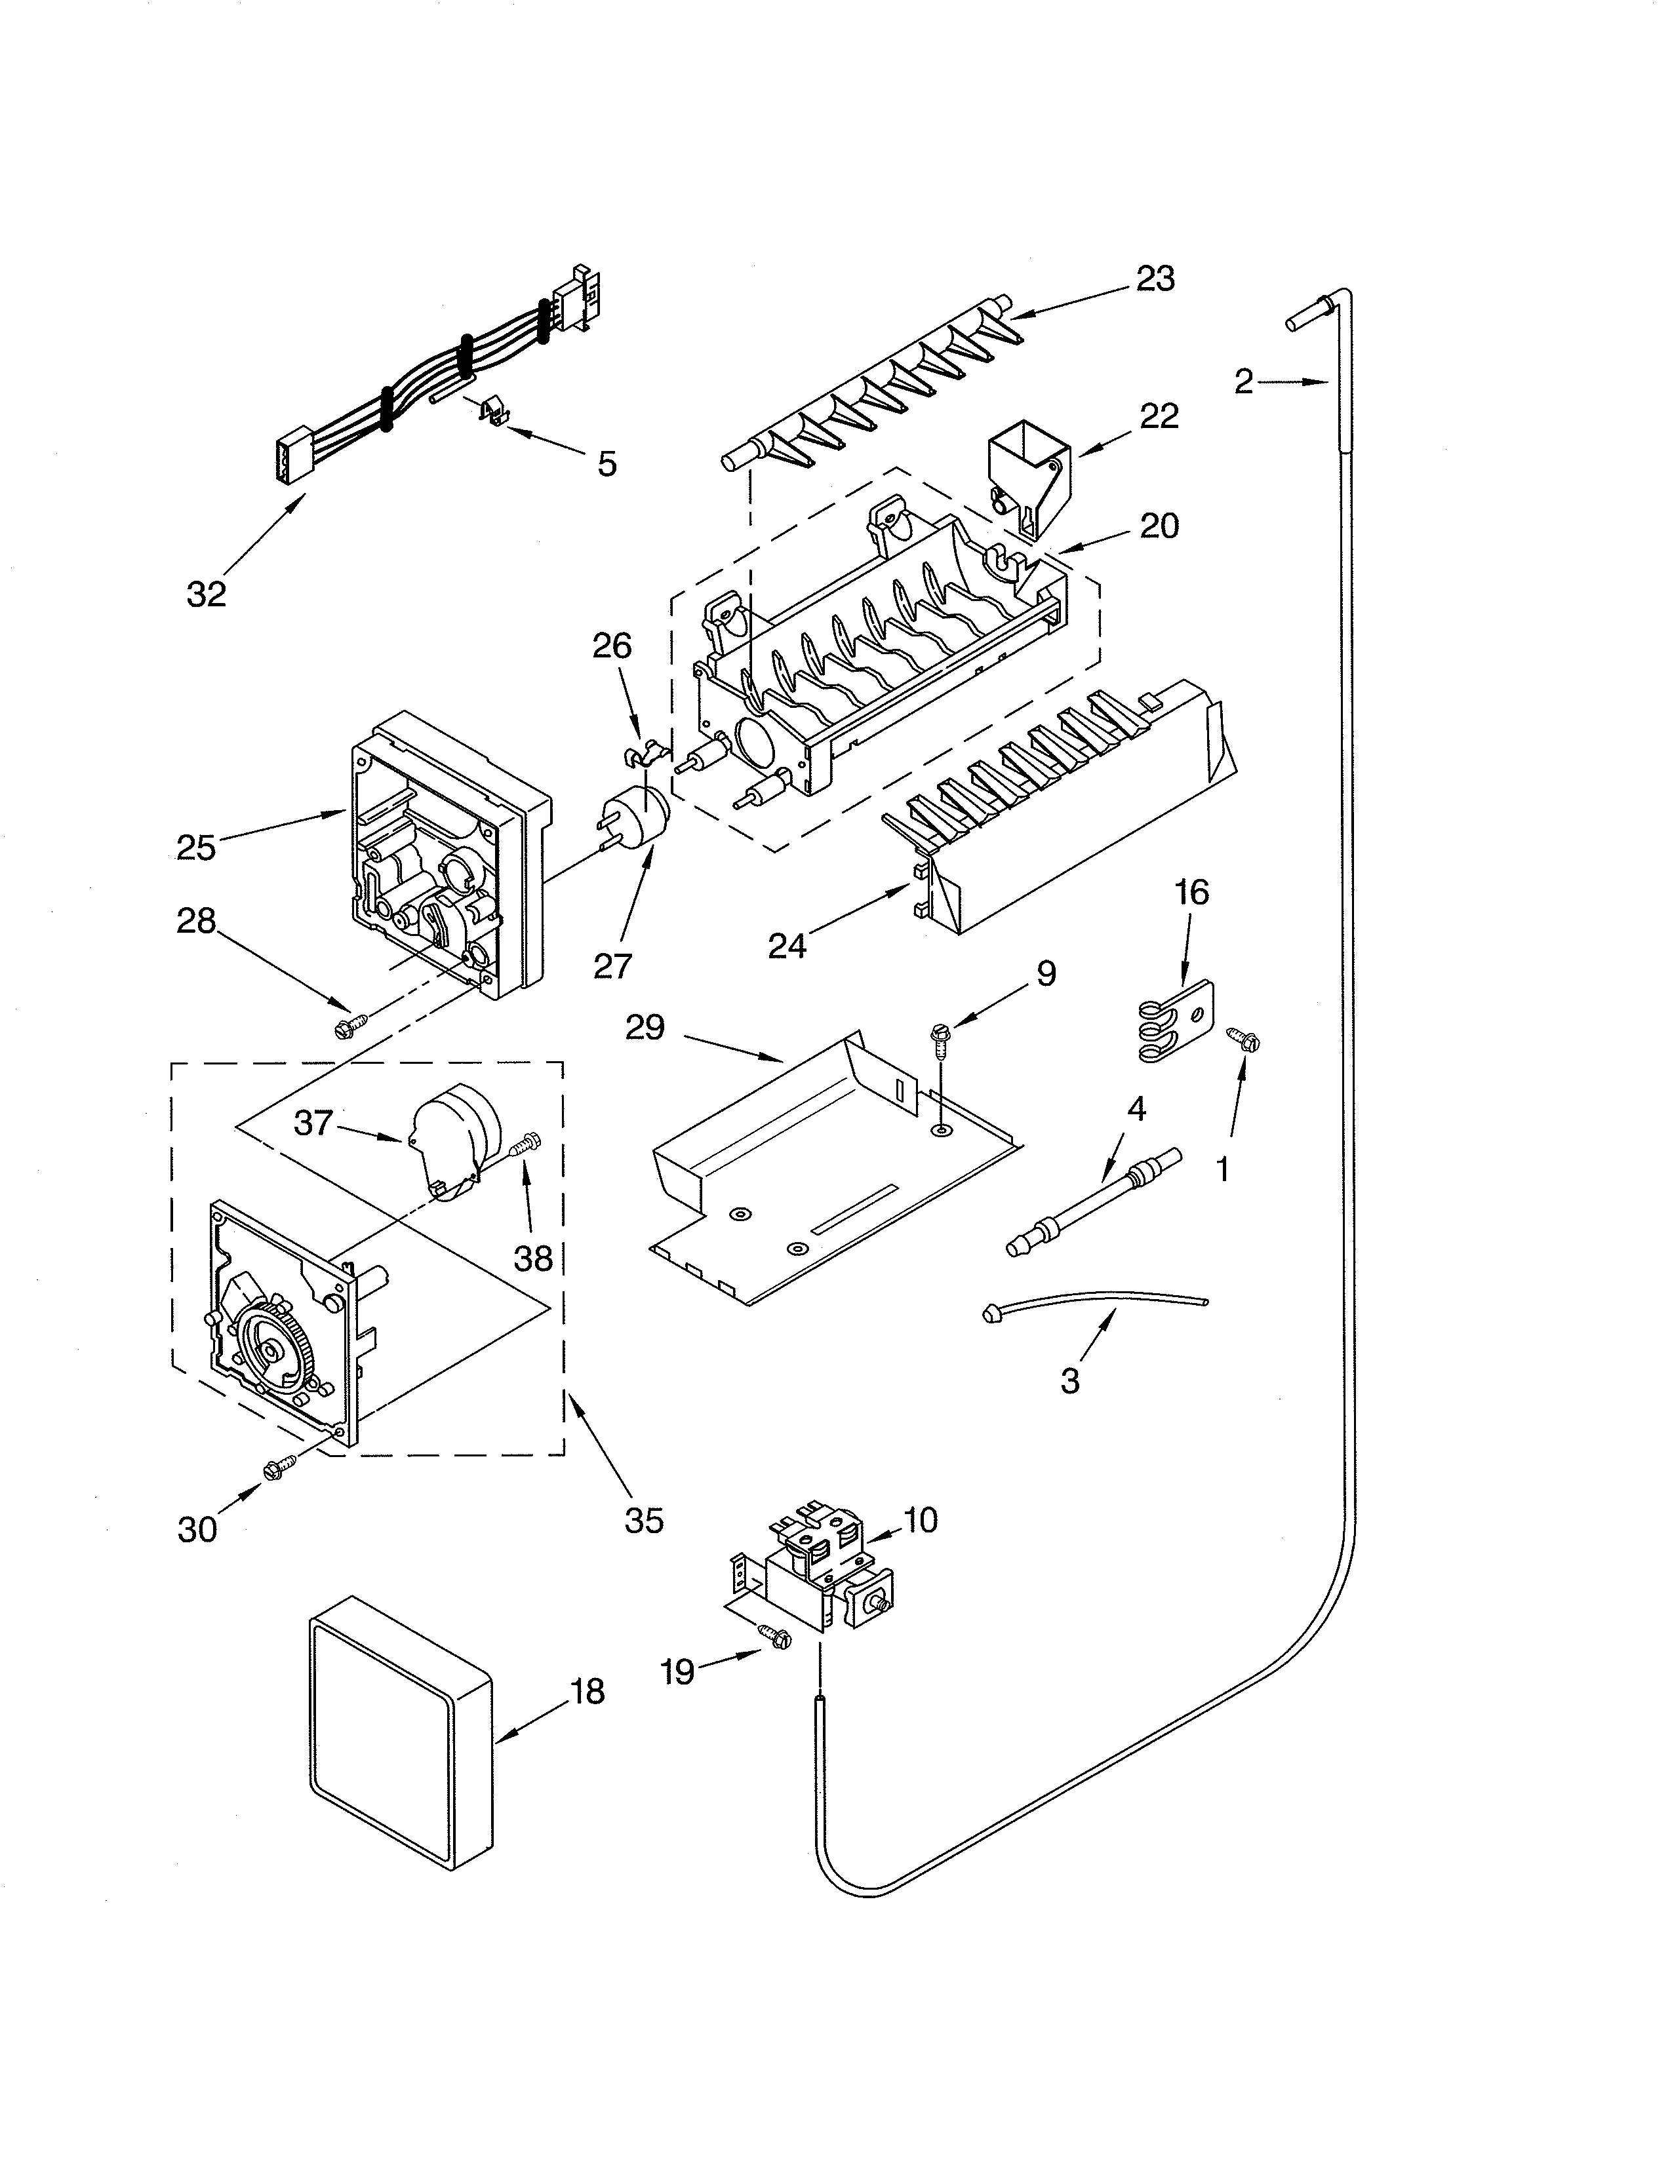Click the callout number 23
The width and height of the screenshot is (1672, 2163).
1155,279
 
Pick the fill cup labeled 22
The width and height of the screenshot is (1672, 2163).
1030,473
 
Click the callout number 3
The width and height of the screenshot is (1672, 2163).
1070,1380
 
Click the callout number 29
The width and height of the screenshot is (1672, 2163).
644,1027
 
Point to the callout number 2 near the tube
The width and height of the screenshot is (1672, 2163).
1244,381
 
